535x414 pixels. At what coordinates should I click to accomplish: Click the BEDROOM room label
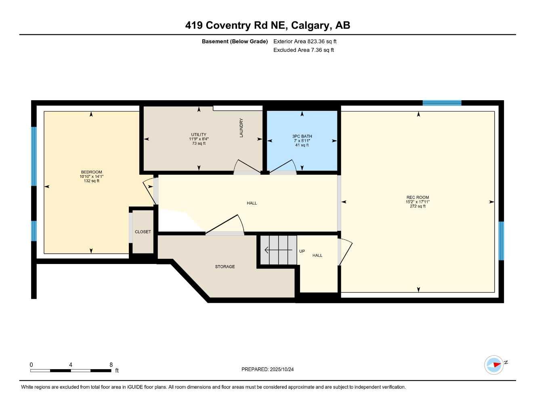91,172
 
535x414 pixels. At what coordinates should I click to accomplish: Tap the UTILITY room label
199,135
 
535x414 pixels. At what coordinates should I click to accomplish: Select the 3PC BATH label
302,136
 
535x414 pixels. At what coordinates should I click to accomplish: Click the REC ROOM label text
418,197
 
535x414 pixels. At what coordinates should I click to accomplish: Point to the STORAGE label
225,267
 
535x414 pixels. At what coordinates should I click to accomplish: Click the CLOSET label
143,232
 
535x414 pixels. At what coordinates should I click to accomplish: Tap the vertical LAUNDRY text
241,128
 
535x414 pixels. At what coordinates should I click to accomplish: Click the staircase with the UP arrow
278,250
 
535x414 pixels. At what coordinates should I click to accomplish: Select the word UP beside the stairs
302,251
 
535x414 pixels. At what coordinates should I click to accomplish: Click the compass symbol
494,365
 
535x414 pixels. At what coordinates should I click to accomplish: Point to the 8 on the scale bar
111,365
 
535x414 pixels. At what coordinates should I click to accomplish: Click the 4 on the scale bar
71,365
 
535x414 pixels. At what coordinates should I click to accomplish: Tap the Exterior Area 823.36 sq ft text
305,41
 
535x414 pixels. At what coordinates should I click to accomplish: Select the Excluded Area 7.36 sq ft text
304,50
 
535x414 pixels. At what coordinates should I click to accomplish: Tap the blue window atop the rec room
442,103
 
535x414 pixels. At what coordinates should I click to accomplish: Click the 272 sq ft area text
418,206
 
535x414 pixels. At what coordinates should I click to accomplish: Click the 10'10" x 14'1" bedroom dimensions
91,176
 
